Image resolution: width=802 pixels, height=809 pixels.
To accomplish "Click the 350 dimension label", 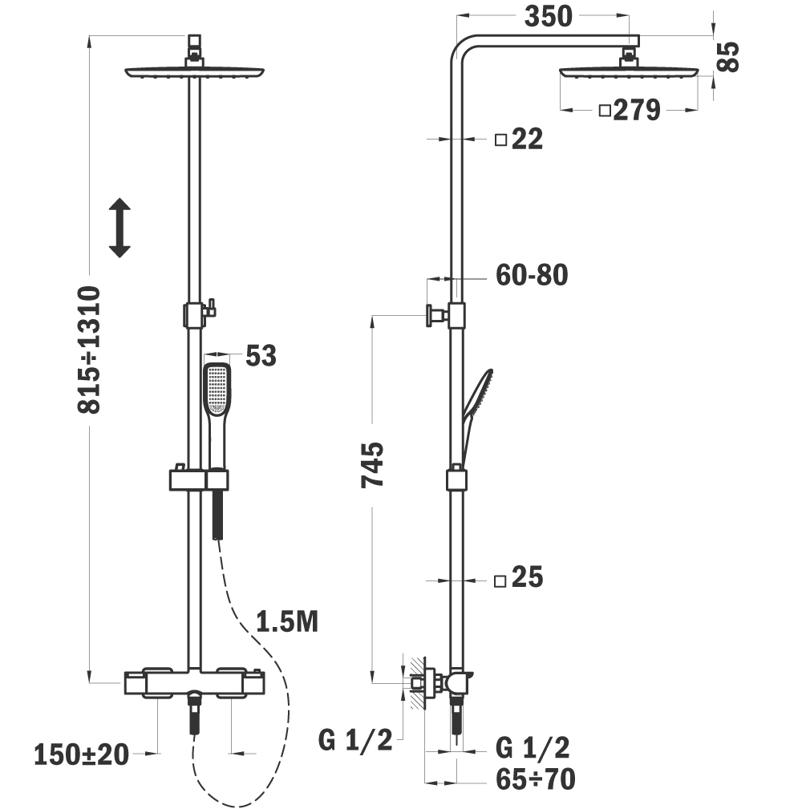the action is [548, 16].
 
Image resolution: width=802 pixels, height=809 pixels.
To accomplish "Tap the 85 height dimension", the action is [728, 56].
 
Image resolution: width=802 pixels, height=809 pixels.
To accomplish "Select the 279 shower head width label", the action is [637, 110].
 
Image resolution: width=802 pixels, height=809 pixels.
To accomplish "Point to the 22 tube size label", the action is [527, 139].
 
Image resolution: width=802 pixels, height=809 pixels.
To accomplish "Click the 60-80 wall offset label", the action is [532, 275].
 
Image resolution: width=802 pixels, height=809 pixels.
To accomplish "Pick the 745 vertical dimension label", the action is [372, 464].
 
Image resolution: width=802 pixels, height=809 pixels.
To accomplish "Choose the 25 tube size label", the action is [527, 576].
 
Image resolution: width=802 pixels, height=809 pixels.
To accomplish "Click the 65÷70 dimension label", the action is [536, 779].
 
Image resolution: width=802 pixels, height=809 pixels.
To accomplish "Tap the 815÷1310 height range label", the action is [89, 350].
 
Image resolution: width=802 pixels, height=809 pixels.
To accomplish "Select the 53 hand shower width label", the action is [261, 355].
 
